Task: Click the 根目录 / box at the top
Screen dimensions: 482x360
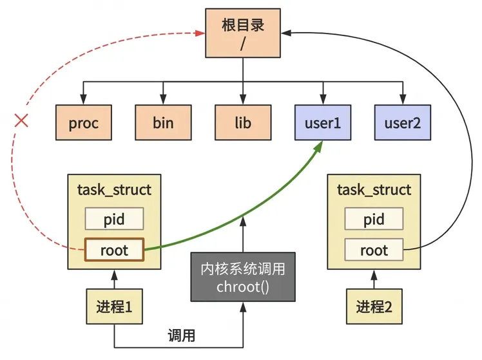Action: pos(243,33)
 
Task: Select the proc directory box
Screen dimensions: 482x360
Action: pos(84,122)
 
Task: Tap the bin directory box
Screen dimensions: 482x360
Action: pos(163,122)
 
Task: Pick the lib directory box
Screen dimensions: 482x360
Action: pos(243,122)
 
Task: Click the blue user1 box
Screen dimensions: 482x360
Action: pos(323,122)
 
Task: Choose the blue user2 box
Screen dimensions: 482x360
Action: pos(403,122)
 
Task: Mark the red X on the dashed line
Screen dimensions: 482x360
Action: pos(21,120)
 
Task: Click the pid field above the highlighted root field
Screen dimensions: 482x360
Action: pos(114,219)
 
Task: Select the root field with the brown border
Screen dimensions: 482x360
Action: pos(114,250)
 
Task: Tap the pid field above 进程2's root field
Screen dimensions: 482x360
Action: pos(374,219)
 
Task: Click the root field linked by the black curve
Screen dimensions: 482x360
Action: pos(374,250)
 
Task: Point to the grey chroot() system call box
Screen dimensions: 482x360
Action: pos(243,277)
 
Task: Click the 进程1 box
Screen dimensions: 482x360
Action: pos(114,307)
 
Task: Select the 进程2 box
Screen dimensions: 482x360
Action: pos(374,307)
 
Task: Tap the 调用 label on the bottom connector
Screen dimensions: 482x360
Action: pos(181,336)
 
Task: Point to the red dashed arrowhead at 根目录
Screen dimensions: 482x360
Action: pos(200,33)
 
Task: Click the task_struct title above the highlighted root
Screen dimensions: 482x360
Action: pos(114,190)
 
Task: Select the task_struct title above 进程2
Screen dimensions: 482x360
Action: pos(374,190)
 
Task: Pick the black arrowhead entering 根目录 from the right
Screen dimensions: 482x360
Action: pos(286,33)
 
